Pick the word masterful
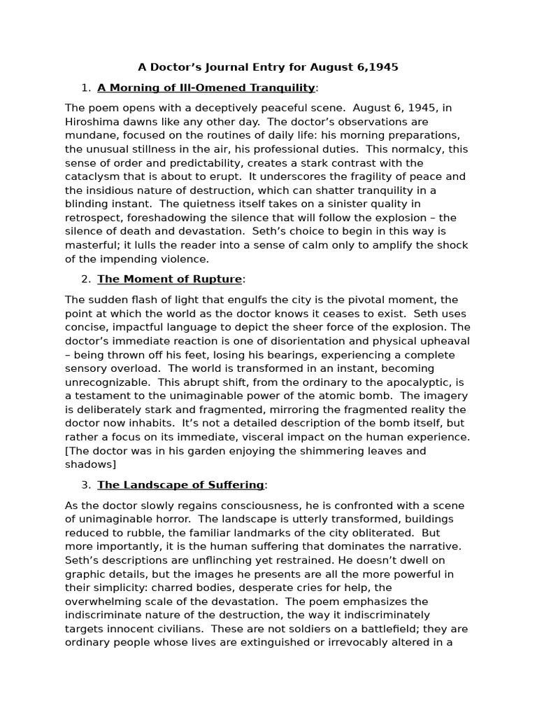click(93, 245)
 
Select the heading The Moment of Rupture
click(169, 279)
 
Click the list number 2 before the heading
click(85, 279)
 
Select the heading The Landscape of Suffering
click(180, 485)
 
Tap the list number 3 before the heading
click(85, 485)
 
